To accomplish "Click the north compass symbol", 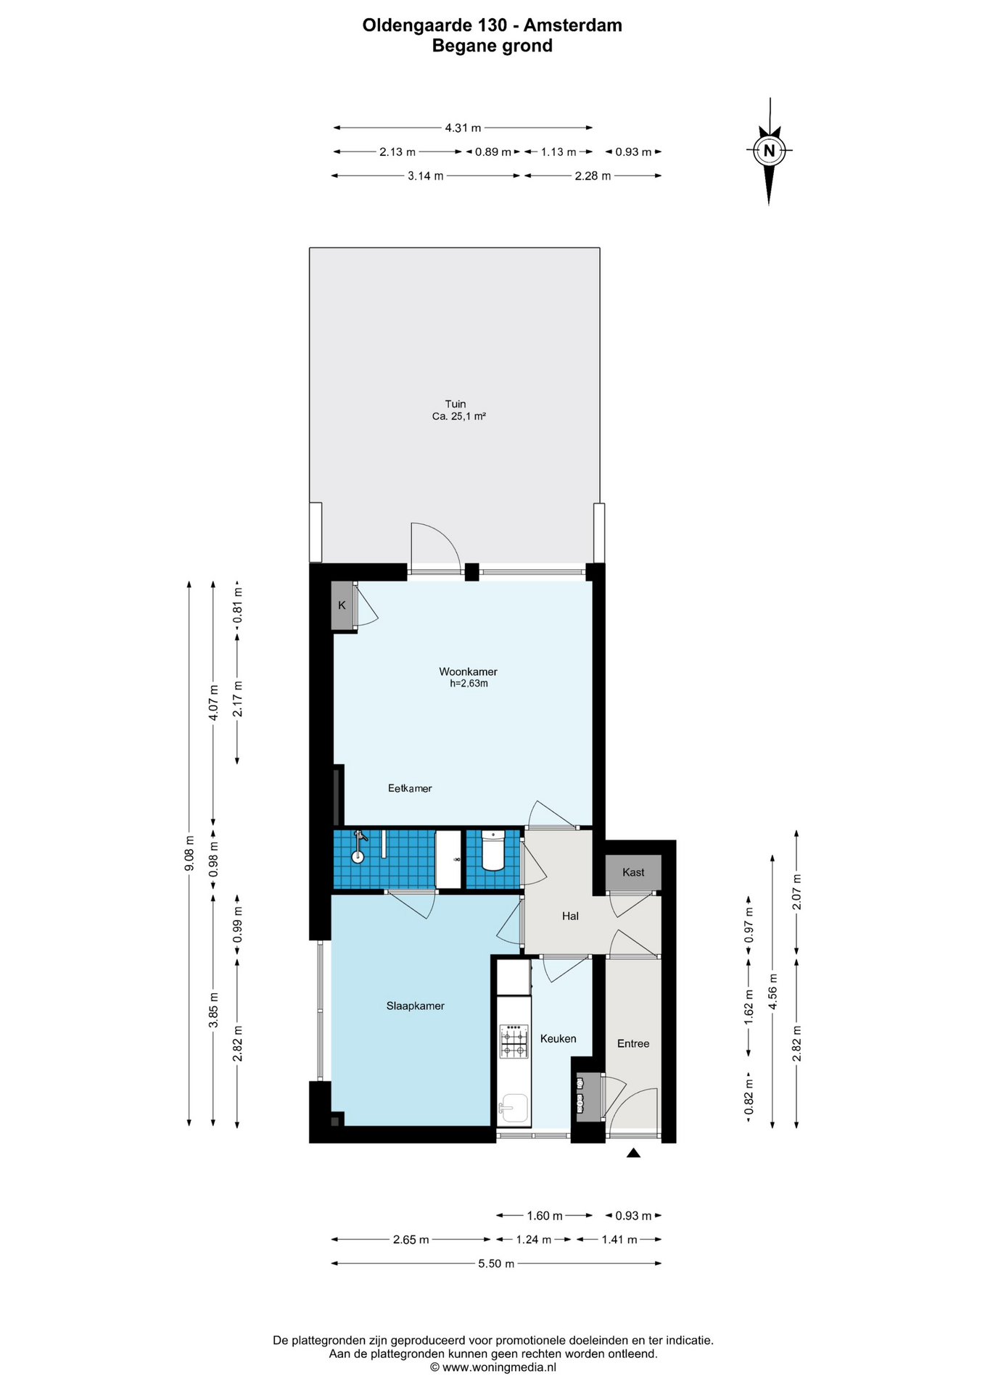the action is point(769,151).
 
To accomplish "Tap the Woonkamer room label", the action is point(468,671).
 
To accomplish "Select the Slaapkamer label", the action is point(415,1006).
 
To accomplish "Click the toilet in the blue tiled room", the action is point(493,851).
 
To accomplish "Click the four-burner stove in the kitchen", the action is point(514,1041).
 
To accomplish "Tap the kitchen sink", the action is point(514,1109).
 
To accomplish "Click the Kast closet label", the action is point(633,872).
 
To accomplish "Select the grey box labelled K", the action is point(342,605).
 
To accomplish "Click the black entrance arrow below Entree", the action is point(633,1153).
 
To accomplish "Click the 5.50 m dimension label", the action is point(496,1264).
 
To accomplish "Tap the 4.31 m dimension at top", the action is point(463,128).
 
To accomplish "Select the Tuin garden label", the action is point(456,404).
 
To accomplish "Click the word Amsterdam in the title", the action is point(573,25).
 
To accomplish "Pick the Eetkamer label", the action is point(410,788).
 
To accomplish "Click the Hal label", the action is point(570,916).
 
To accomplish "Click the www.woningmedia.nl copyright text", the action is point(493,1367).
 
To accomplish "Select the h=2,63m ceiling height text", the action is point(469,683).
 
